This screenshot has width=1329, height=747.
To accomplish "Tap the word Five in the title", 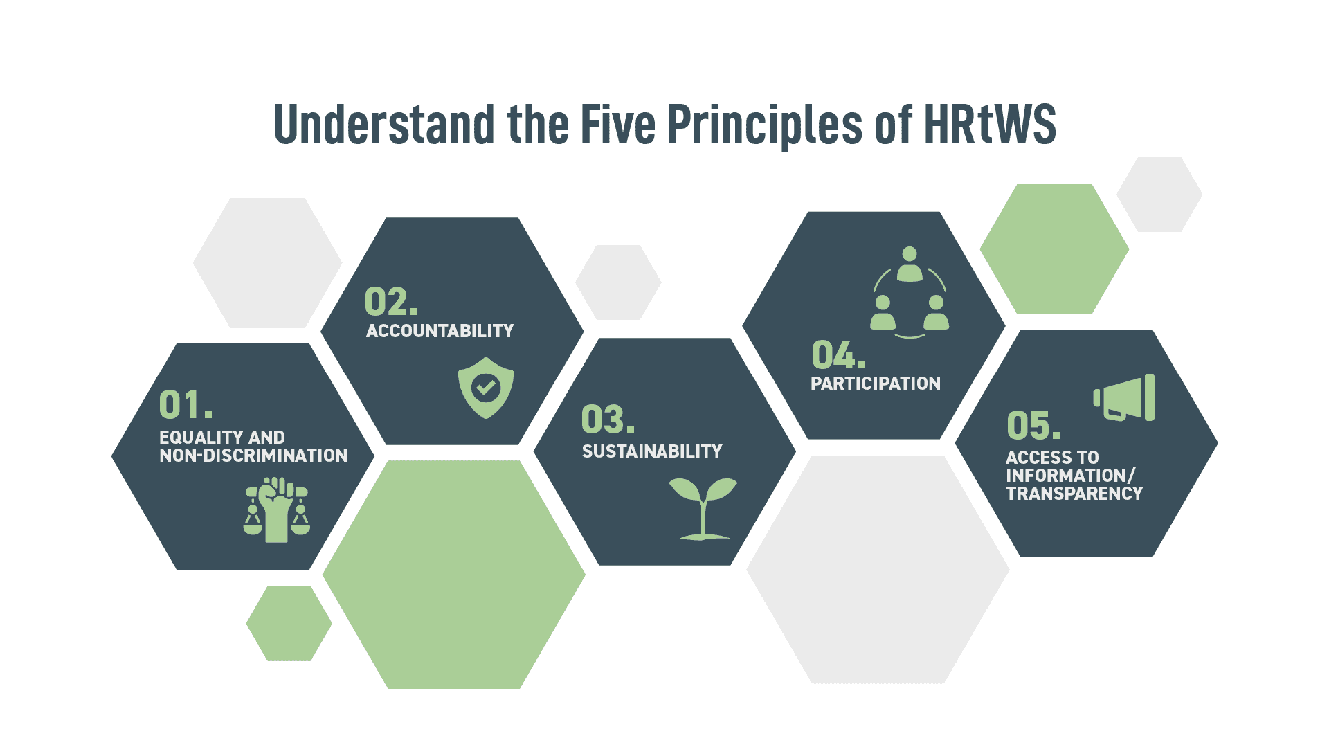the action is [617, 124].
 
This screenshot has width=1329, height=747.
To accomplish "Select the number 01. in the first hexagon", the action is [186, 405].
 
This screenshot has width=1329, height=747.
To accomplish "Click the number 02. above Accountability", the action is [392, 302].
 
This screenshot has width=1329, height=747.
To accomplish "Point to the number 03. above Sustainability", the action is [608, 419].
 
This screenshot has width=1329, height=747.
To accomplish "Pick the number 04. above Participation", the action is [838, 354].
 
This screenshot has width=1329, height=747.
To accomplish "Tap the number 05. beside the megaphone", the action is [1033, 425].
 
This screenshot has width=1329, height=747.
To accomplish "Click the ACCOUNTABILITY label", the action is [440, 331].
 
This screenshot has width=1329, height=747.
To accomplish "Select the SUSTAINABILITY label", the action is [652, 451].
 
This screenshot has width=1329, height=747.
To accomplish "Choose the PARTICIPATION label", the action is [876, 384].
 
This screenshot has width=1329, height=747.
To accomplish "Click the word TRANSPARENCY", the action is [1074, 494].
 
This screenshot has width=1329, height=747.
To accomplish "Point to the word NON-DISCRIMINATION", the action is [253, 456].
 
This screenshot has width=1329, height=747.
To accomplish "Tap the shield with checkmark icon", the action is [486, 388].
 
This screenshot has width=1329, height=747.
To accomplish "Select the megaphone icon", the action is [1124, 398].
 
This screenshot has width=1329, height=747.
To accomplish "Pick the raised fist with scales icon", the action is [277, 510].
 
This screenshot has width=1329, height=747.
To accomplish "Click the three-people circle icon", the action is [910, 292].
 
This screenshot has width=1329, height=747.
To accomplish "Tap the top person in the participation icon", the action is [910, 264].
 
